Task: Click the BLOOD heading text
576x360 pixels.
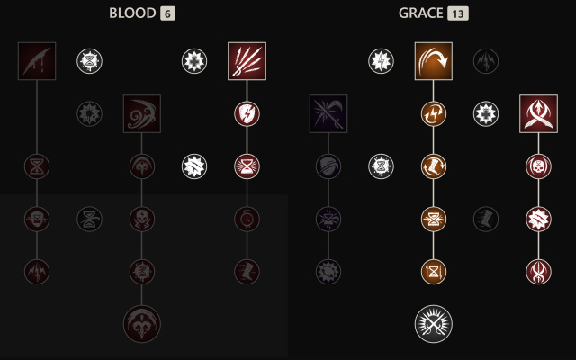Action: pos(132,13)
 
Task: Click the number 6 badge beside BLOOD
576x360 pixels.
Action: pos(168,13)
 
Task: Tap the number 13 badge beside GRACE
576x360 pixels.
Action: pos(459,13)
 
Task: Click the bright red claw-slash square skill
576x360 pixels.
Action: pos(247,61)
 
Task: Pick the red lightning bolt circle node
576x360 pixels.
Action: pos(247,113)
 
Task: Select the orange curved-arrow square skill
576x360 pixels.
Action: pos(434,61)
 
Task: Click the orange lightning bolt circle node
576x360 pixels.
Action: pos(434,113)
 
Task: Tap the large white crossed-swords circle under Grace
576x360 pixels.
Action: pos(434,323)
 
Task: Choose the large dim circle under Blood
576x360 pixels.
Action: pos(142,323)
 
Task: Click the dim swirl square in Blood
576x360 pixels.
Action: pos(142,113)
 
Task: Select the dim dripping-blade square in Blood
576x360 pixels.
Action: pos(37,61)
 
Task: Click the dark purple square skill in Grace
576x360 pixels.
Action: pos(328,113)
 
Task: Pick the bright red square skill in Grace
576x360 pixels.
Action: pos(538,113)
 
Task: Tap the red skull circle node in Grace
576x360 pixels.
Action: pos(538,166)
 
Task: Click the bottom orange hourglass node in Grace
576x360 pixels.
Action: pos(434,270)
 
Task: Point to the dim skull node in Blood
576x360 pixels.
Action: pos(142,218)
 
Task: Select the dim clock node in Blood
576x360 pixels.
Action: pos(247,218)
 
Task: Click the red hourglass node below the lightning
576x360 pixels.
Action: pos(247,166)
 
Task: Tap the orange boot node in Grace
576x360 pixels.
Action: pos(434,166)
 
